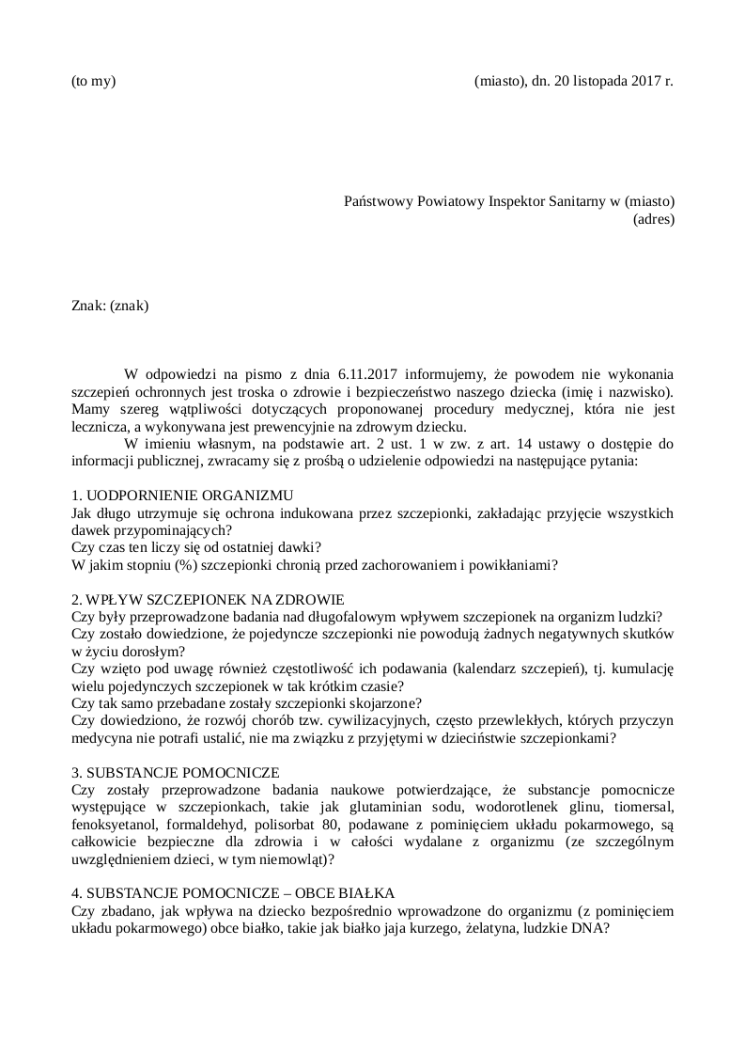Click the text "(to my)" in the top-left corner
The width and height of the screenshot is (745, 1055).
[94, 81]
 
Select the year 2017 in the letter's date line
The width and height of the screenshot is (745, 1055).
[644, 81]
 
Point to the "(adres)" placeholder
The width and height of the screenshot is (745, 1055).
[654, 220]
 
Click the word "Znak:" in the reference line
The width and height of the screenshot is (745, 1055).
[88, 306]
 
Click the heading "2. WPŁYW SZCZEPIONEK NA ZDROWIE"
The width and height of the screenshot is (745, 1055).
[208, 600]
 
